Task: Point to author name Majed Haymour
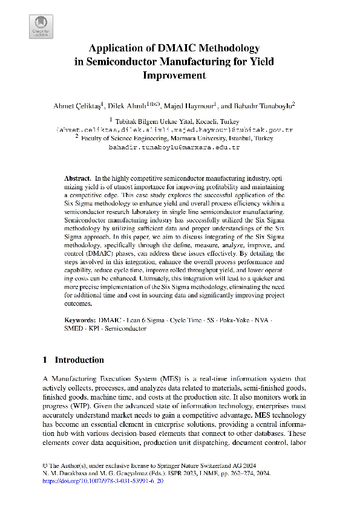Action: (193, 105)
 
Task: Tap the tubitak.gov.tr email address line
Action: (175, 129)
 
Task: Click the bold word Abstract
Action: (77, 180)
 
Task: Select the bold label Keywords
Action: (80, 319)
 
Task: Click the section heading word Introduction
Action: (79, 360)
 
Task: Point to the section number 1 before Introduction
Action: (45, 360)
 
